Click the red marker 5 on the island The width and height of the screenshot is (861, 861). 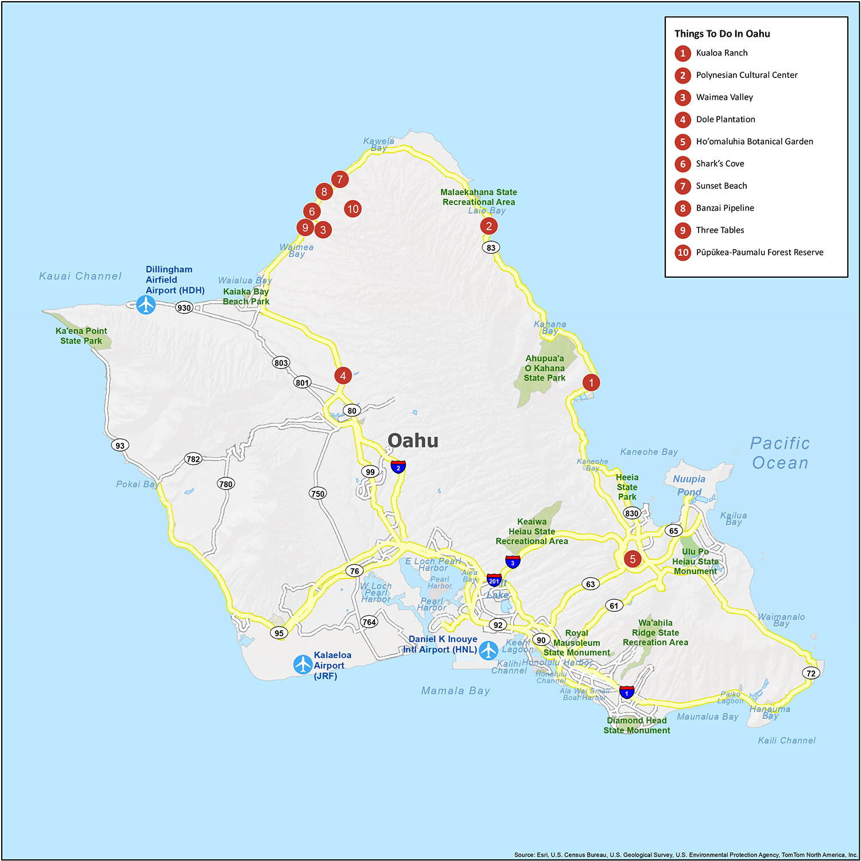633,559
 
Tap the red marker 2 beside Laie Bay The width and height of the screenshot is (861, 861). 489,226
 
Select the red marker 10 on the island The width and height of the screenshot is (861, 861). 352,209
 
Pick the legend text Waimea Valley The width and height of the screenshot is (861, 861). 724,97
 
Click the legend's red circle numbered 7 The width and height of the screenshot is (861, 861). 682,186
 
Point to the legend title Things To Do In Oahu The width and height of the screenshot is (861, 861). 722,34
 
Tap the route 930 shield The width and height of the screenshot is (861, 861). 184,308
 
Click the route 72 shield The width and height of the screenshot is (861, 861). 810,673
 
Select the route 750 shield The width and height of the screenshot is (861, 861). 317,494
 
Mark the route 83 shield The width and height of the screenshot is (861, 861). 491,247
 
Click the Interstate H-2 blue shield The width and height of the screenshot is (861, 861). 398,467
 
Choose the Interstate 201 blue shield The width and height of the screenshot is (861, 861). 494,580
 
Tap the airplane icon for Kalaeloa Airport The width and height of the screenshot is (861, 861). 302,664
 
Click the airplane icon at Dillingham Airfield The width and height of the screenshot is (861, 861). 146,305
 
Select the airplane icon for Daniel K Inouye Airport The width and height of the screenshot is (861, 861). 488,650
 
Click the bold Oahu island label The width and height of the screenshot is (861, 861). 413,440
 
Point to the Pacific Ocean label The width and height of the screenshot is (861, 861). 780,453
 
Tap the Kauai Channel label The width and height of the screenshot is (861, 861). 80,276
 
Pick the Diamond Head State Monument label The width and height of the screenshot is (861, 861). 637,725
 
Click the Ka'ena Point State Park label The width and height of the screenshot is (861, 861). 81,336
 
